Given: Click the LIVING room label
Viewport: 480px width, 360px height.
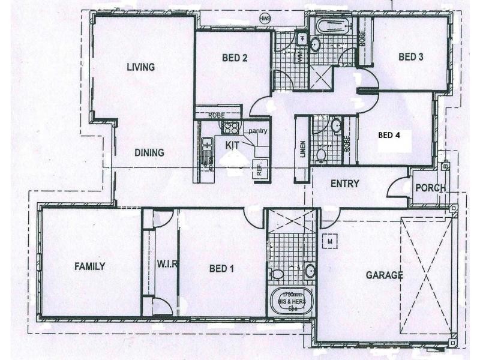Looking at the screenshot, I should tap(140, 67).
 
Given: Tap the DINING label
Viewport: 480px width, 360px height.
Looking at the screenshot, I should tap(149, 152).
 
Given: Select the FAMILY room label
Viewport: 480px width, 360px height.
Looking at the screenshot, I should tap(90, 266).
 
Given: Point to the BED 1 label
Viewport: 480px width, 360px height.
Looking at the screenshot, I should tap(221, 268).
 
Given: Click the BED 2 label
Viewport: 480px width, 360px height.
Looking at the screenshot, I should tap(235, 58).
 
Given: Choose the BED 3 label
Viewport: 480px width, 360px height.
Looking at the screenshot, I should tap(411, 57).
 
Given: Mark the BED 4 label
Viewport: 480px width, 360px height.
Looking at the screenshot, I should tap(389, 135).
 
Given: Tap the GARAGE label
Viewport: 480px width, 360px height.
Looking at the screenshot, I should tap(384, 276).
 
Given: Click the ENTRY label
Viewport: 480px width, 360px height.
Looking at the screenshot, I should tap(345, 184).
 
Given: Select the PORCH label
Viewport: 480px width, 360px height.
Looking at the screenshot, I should tap(431, 188).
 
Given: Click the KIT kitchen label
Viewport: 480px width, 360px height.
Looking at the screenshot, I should tap(233, 145).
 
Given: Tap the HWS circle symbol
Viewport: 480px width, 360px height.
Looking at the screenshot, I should tap(265, 19).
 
